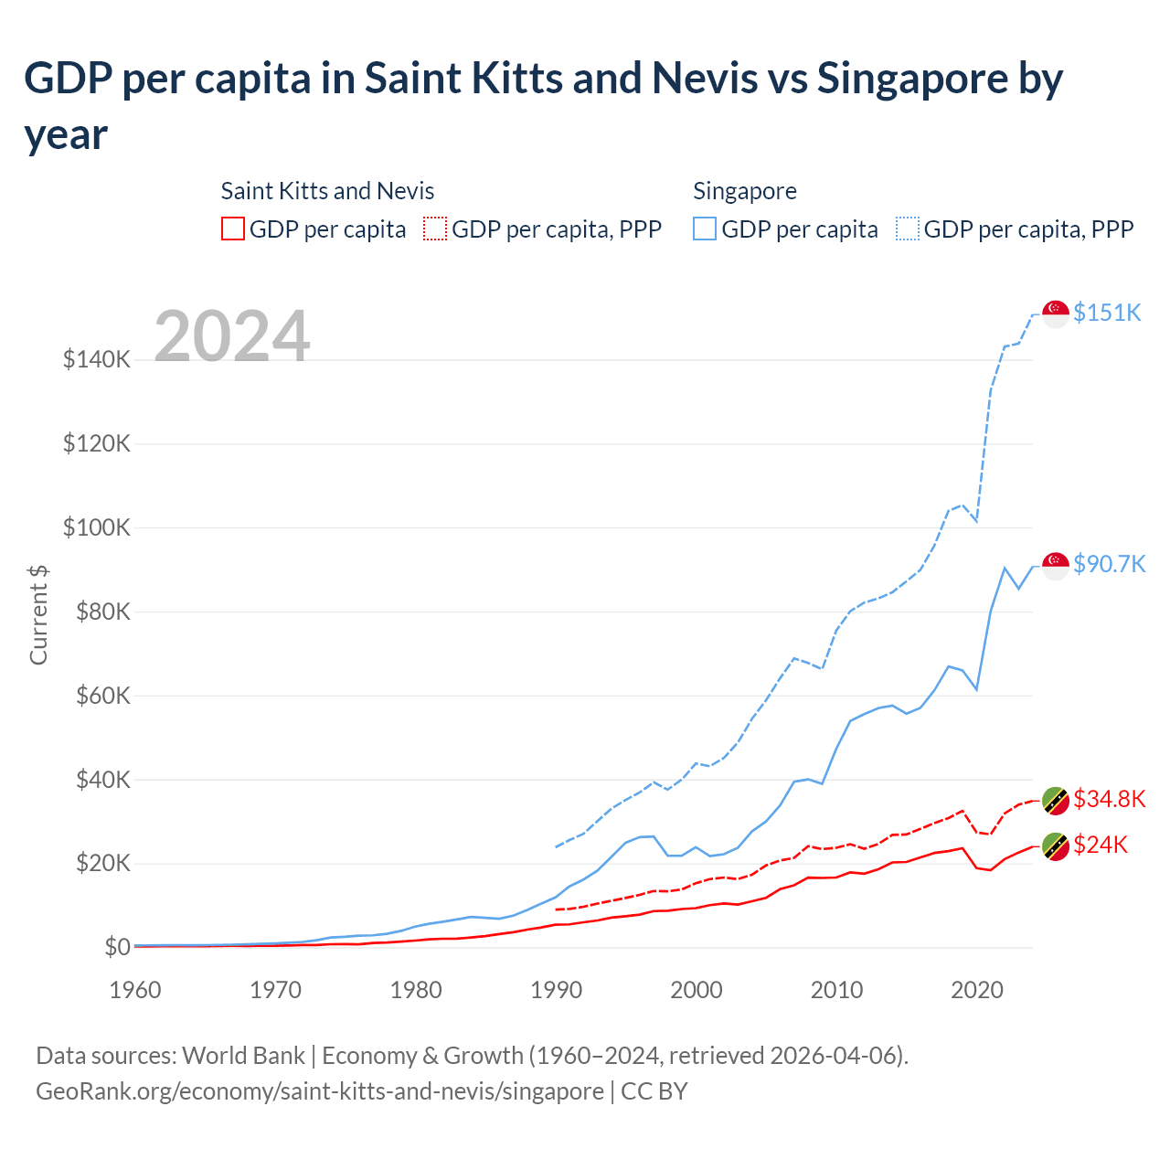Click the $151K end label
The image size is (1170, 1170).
1107,313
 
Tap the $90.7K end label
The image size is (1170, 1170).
1109,564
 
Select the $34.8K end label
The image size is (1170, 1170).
1109,799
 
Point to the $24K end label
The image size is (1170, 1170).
1101,845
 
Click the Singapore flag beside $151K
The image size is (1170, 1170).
1056,314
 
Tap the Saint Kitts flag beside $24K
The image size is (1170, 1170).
1056,846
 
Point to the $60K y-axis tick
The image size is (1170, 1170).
97,696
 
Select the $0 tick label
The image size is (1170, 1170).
116,947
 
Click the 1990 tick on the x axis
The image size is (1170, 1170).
557,990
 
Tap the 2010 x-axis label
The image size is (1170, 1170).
837,990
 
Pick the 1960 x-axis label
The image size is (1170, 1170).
135,990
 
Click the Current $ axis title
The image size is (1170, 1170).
38,614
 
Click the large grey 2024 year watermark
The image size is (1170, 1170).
232,336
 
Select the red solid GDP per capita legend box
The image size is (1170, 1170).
233,229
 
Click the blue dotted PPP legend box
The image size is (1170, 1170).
908,229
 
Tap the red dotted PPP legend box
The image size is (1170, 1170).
436,229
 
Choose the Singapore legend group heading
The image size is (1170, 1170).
745,191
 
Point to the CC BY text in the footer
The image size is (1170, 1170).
654,1091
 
